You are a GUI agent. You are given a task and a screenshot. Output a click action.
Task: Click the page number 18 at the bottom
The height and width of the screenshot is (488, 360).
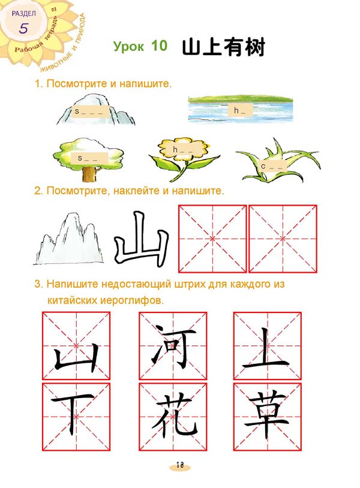click(x=180, y=465)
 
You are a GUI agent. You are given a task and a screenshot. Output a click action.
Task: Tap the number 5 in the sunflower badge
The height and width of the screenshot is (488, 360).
click(x=23, y=28)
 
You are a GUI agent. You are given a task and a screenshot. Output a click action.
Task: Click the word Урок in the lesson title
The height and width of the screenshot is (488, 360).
click(x=128, y=46)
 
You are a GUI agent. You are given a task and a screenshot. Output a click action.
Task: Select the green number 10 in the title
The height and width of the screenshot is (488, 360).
click(x=159, y=46)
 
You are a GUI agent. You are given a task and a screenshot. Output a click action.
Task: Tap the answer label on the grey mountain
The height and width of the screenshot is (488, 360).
click(x=91, y=112)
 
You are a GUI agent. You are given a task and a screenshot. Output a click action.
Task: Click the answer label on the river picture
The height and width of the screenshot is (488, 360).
click(x=240, y=110)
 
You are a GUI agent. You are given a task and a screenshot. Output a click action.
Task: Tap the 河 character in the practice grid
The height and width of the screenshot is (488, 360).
click(x=173, y=346)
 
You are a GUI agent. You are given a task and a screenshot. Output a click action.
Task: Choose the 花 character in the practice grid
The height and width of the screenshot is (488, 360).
click(x=175, y=415)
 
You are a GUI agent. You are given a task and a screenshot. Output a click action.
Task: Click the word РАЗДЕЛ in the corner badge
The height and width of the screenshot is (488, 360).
click(x=23, y=13)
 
